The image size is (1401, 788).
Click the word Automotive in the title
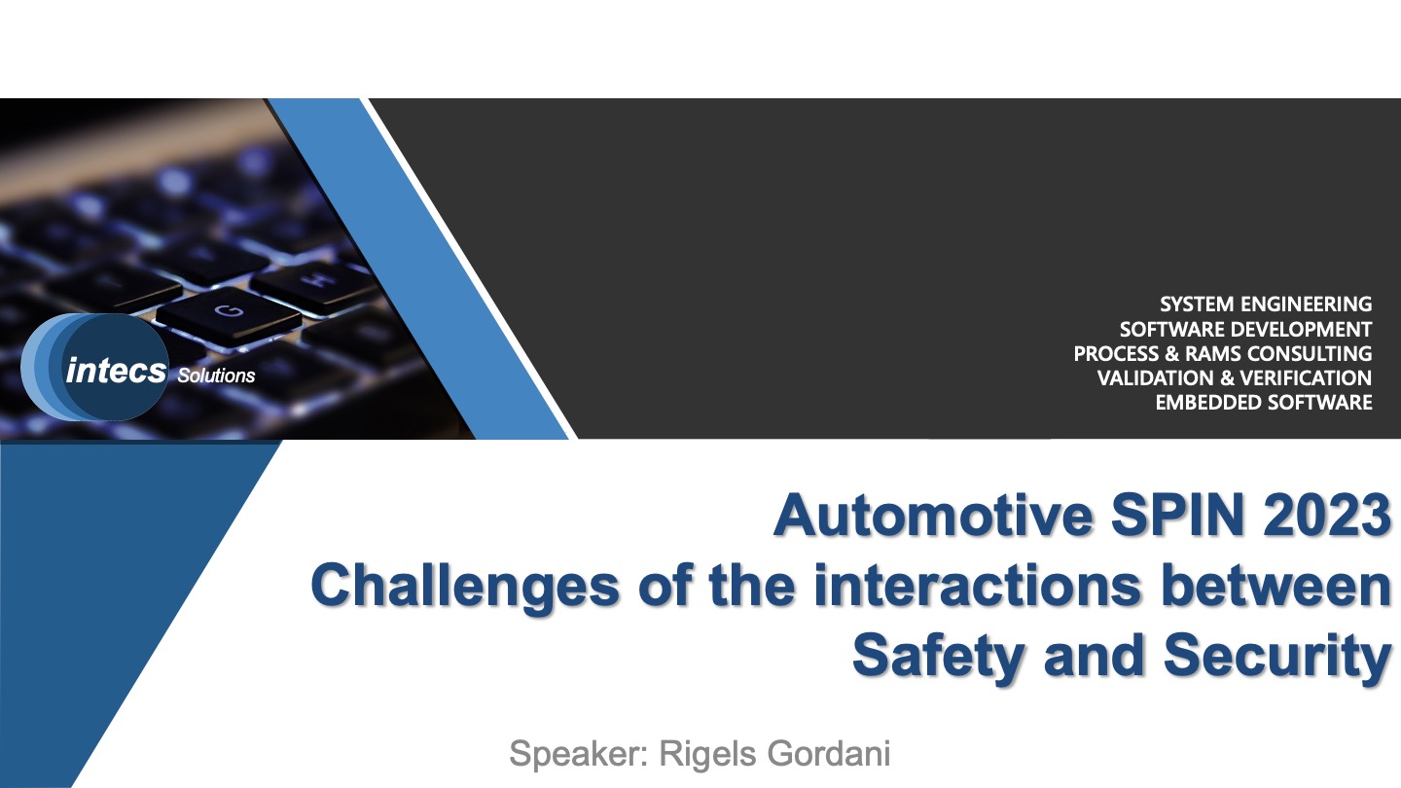click(x=934, y=516)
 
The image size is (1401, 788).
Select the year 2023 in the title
click(x=1327, y=516)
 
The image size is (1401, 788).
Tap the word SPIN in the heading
click(x=1177, y=516)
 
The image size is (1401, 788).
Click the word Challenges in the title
click(x=465, y=588)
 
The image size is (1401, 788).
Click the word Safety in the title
click(x=939, y=658)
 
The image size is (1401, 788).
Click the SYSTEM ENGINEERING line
click(x=1266, y=304)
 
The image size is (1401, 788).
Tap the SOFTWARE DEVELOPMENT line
click(x=1246, y=330)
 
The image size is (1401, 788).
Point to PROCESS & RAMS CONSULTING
click(x=1223, y=354)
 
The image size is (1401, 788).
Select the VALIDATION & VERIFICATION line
click(x=1235, y=378)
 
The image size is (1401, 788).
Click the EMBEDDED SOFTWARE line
click(x=1264, y=403)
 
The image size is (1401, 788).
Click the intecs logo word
click(x=117, y=371)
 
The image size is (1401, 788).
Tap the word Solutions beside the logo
click(x=216, y=376)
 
